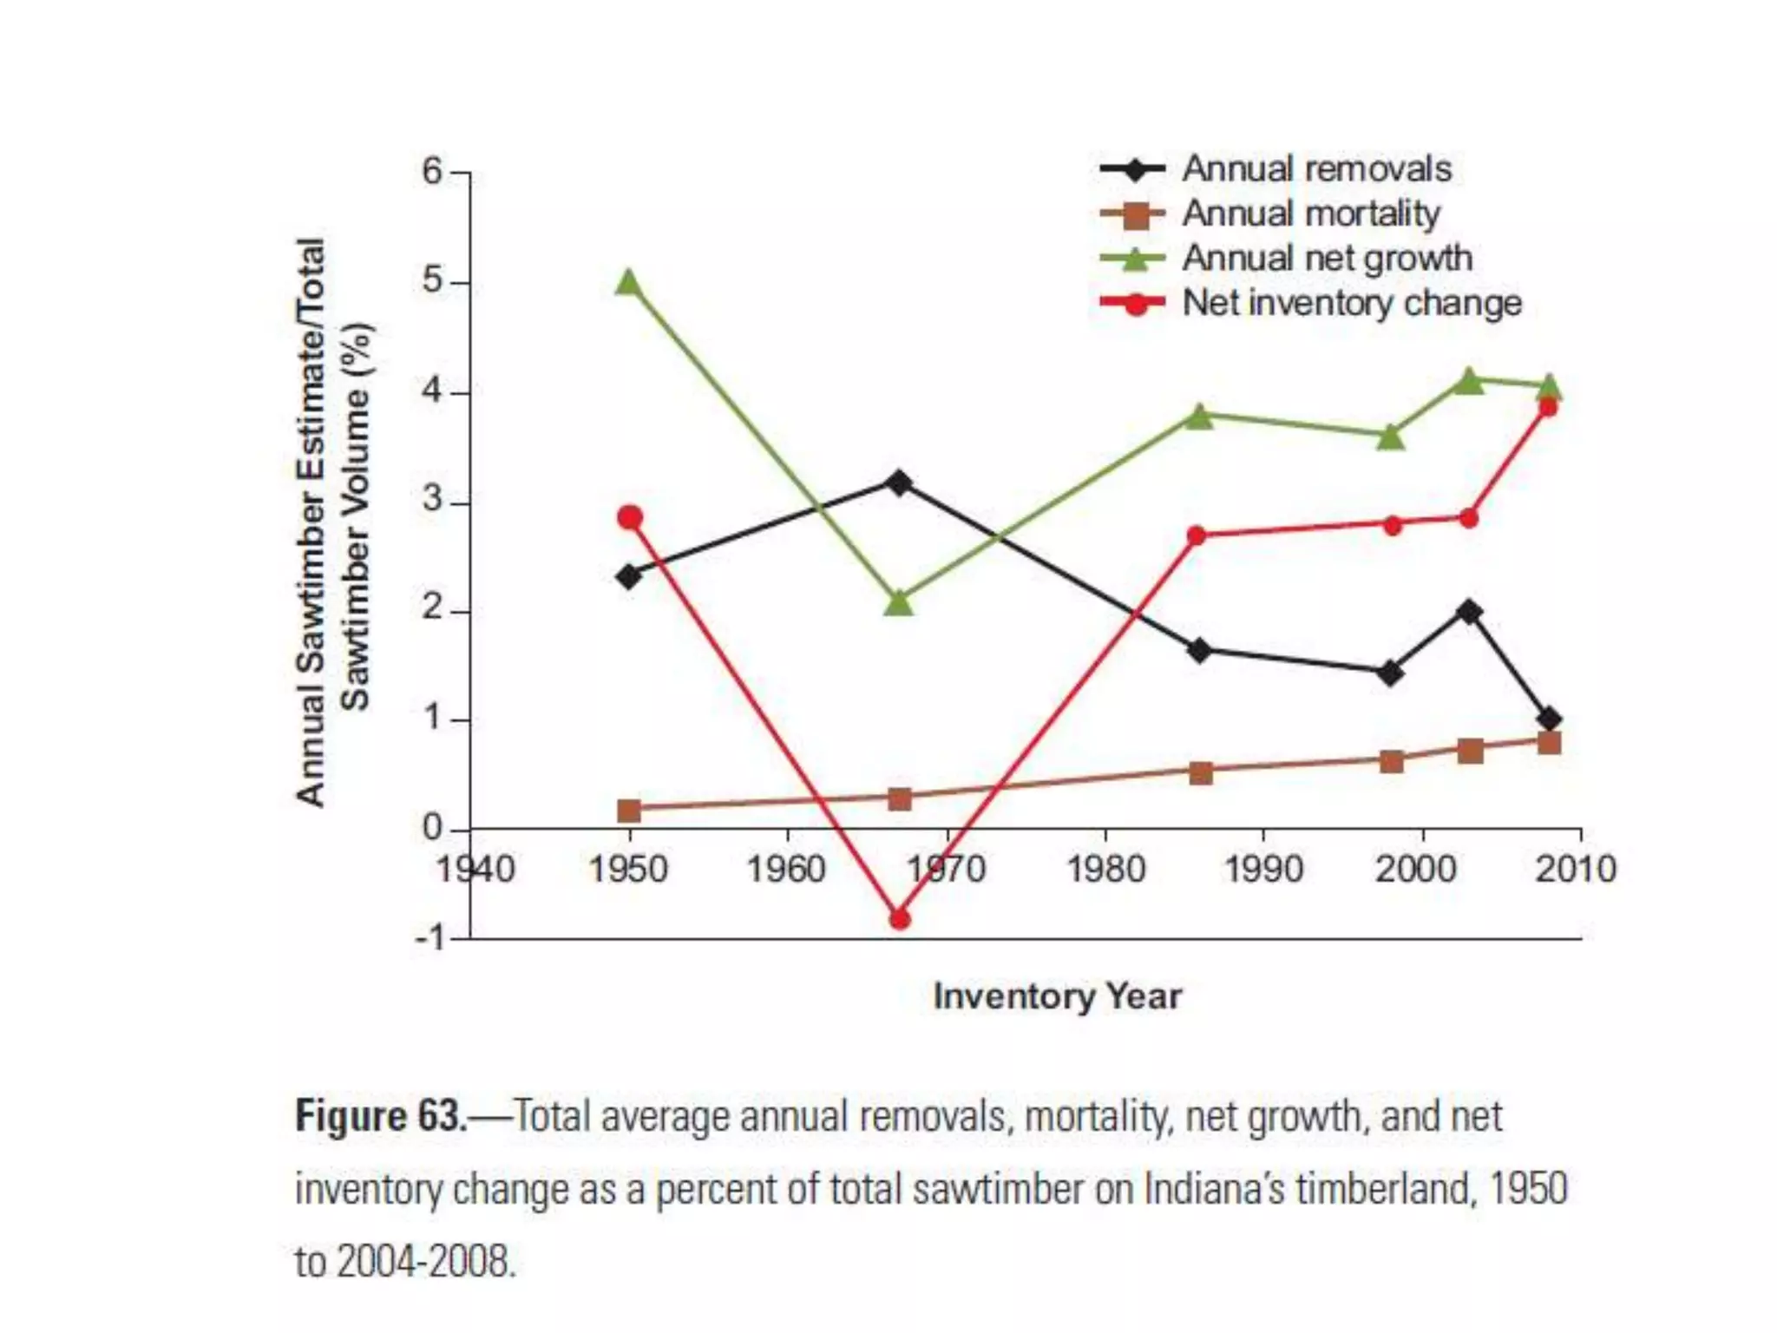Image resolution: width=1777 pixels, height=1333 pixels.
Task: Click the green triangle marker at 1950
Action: point(629,283)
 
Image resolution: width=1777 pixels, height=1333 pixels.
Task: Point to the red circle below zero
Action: point(900,918)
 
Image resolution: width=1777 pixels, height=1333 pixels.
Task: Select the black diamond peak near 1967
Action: point(900,483)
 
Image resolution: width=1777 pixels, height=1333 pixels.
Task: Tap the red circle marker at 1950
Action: point(630,518)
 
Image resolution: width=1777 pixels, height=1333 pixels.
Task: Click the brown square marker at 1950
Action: point(629,811)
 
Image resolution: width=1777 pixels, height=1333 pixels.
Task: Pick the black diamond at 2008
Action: point(1550,719)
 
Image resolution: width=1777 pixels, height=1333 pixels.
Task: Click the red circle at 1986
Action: point(1197,535)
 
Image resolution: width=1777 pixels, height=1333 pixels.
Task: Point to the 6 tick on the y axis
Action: point(433,173)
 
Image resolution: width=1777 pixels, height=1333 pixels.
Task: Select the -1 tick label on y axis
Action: point(429,939)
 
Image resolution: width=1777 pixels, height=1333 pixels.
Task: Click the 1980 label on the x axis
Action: point(1105,869)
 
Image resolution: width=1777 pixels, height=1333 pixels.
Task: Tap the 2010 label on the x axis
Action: point(1576,869)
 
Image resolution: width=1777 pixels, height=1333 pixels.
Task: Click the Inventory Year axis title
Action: point(1057,996)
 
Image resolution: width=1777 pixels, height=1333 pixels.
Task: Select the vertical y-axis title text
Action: point(333,521)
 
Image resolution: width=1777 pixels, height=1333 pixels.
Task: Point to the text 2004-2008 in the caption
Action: point(424,1262)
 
